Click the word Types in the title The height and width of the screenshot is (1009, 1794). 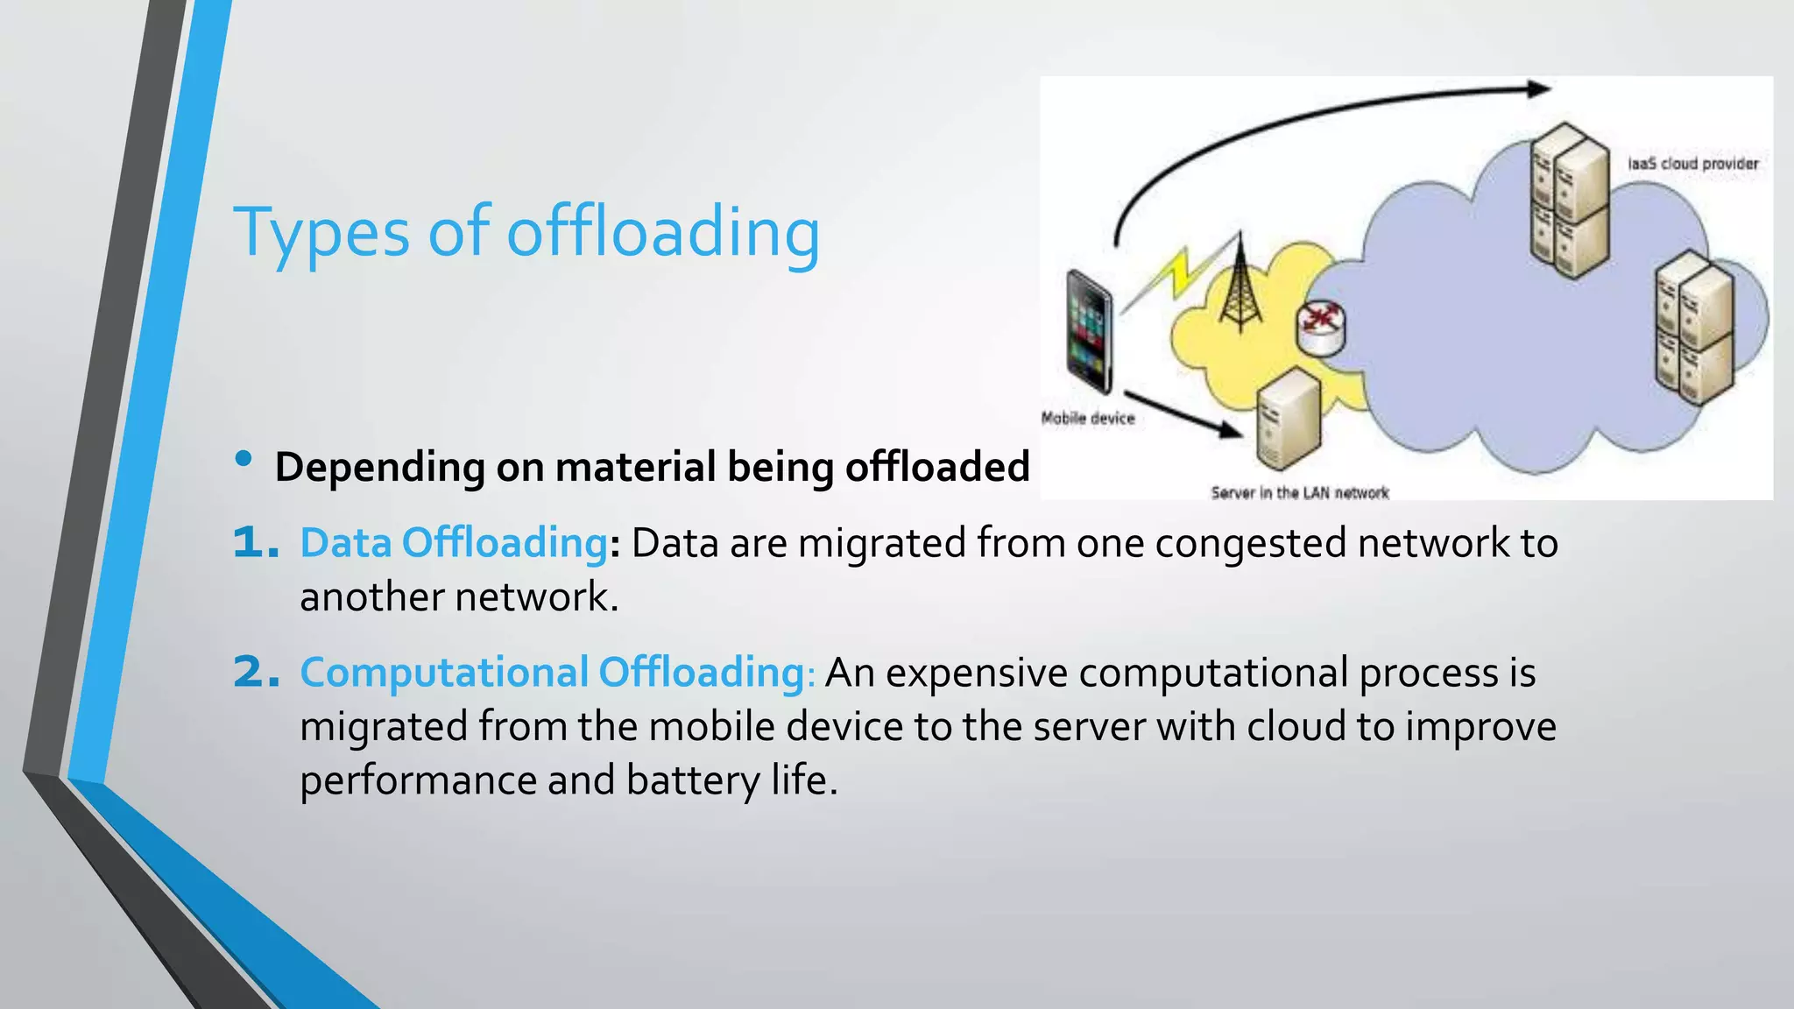(x=321, y=232)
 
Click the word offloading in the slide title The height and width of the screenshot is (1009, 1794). (x=663, y=232)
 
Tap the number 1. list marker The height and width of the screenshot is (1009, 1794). (x=256, y=543)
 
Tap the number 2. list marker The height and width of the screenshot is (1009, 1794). (x=256, y=673)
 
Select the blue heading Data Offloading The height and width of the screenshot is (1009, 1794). (x=454, y=543)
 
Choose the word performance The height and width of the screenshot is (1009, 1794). (x=419, y=780)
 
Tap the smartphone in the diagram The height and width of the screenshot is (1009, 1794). (x=1089, y=331)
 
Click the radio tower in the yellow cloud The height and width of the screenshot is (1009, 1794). (x=1240, y=285)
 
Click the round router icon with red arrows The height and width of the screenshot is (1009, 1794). (x=1321, y=327)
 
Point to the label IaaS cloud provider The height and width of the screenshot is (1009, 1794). (x=1692, y=164)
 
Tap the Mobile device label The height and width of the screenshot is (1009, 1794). (x=1087, y=419)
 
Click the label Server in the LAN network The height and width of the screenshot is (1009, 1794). (x=1299, y=493)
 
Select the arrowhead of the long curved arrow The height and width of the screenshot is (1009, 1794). (x=1538, y=88)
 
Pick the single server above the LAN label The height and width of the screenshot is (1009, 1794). (x=1287, y=419)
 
